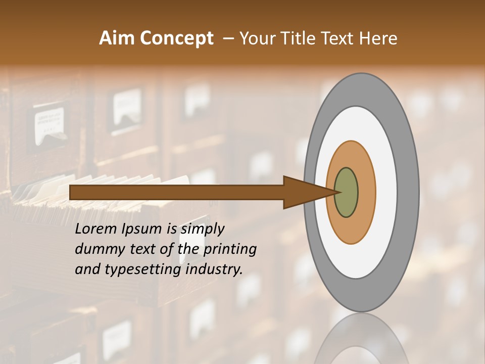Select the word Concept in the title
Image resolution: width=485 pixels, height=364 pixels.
[176, 38]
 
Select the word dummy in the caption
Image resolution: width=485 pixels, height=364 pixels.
[97, 249]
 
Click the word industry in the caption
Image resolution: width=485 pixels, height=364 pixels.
[214, 269]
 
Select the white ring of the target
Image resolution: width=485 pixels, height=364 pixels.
[386, 193]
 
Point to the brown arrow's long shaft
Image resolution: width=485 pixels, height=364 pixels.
[177, 193]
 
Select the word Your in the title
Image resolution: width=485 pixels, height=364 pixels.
[256, 38]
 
